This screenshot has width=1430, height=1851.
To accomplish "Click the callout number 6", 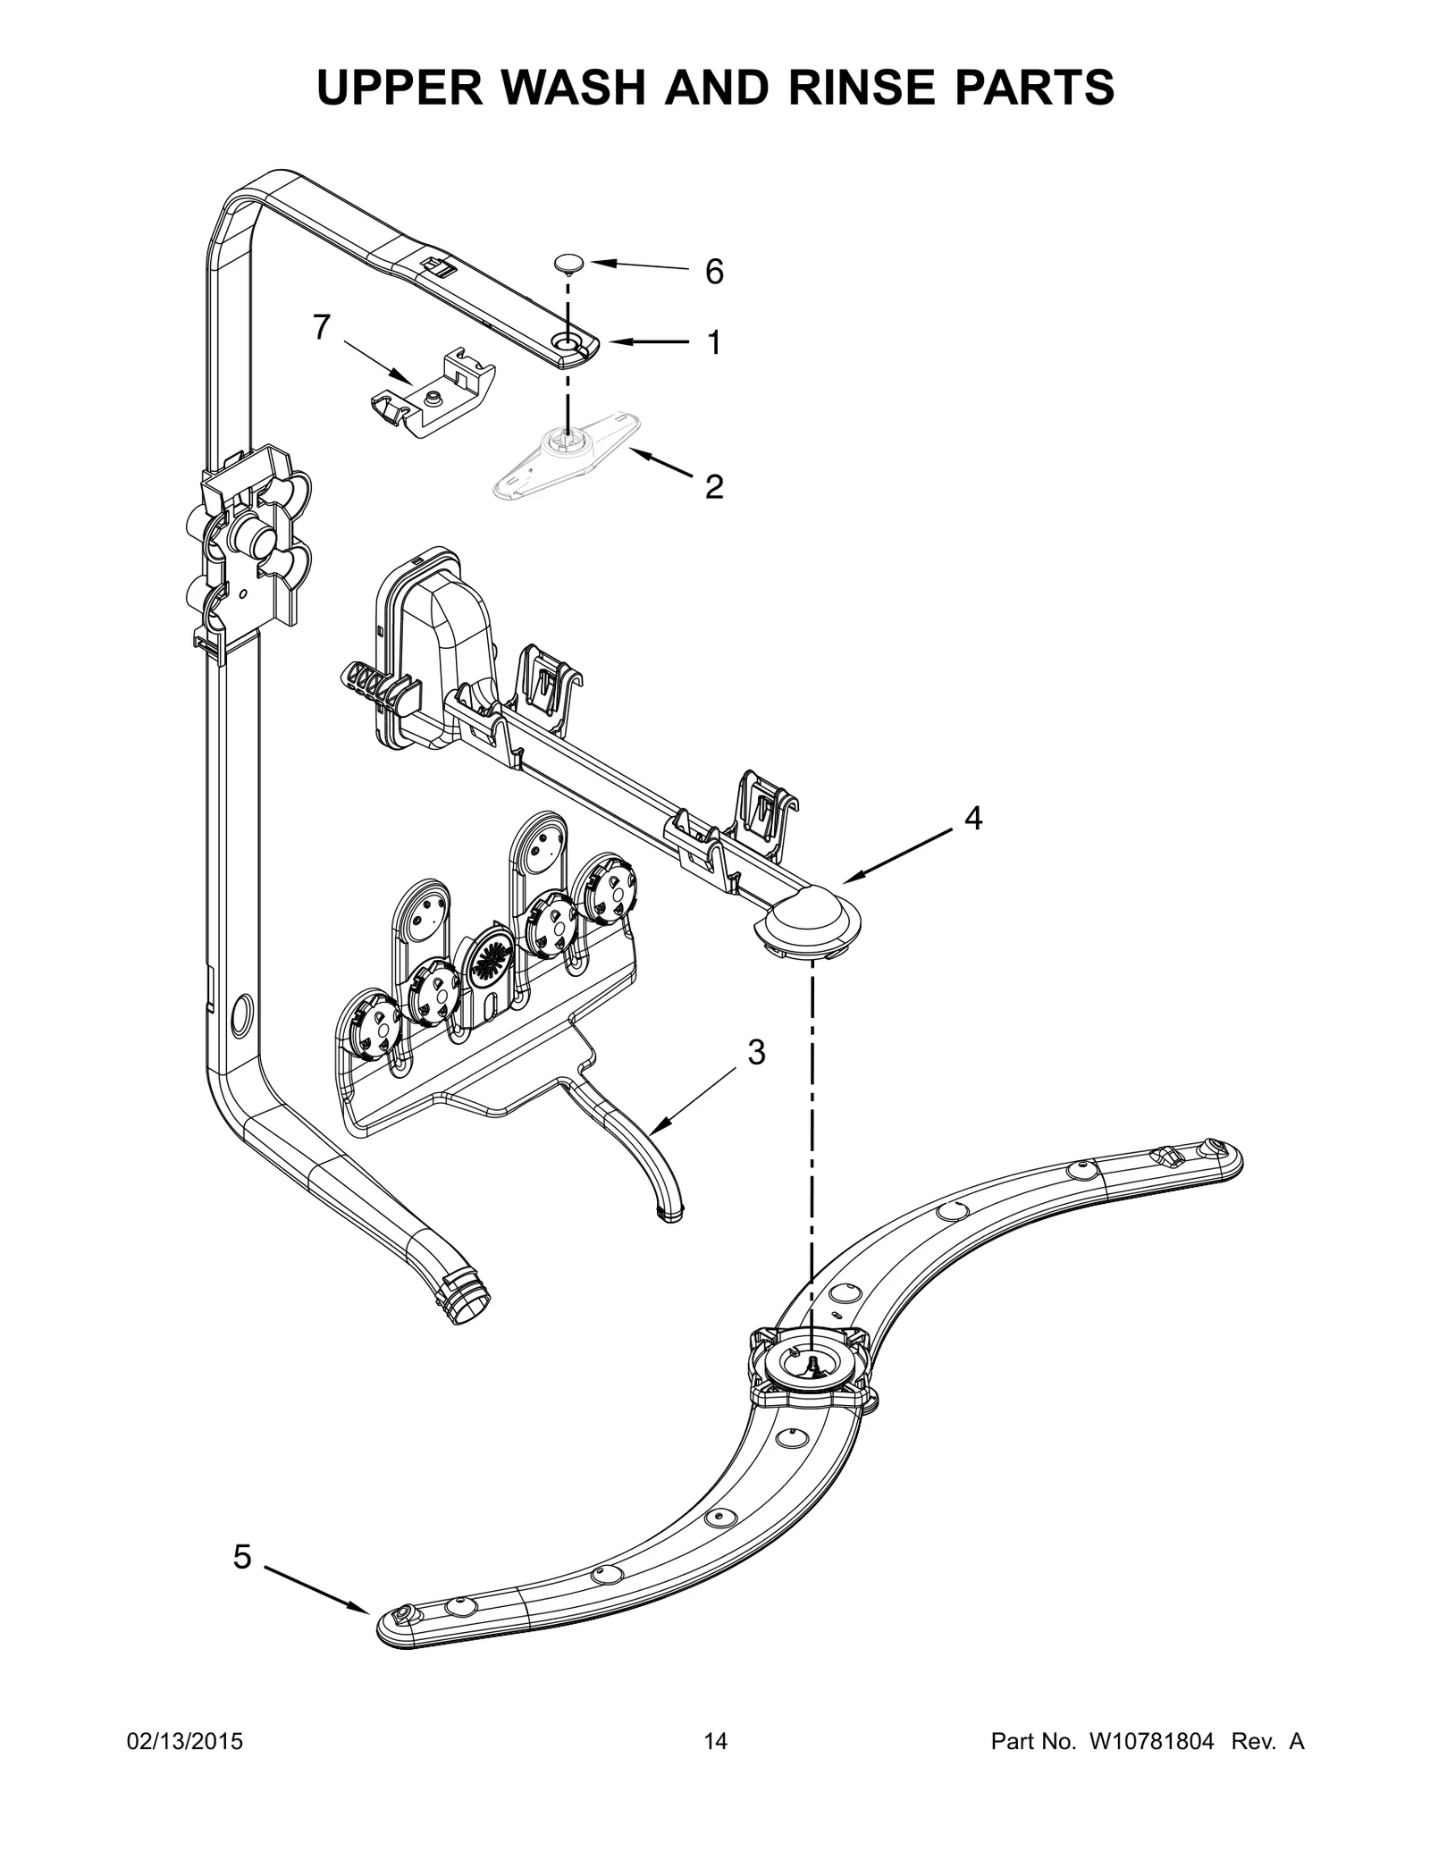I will tap(714, 272).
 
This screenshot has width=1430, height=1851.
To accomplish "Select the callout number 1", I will tap(714, 342).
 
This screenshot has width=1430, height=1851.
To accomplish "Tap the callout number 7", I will tap(322, 328).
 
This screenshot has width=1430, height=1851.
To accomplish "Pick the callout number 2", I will tap(714, 486).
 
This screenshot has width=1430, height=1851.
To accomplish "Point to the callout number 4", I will tap(973, 817).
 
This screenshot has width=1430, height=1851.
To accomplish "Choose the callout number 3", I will tap(756, 1053).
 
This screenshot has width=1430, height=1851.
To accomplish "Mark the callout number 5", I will tap(242, 1557).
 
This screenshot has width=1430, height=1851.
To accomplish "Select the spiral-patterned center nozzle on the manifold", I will tap(490, 961).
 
